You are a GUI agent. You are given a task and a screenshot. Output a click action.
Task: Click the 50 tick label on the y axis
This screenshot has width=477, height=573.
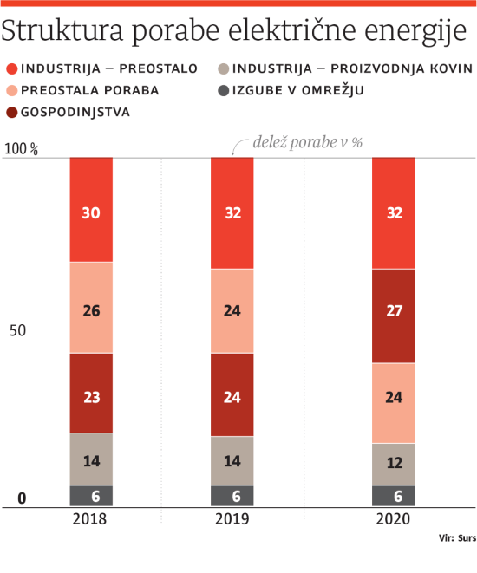pyautogui.click(x=23, y=330)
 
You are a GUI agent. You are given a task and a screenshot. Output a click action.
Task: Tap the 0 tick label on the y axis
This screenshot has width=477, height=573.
pyautogui.click(x=23, y=498)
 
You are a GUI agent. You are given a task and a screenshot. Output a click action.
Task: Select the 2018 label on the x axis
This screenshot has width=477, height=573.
pyautogui.click(x=91, y=519)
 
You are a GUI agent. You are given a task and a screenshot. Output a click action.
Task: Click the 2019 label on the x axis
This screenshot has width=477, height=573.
pyautogui.click(x=232, y=519)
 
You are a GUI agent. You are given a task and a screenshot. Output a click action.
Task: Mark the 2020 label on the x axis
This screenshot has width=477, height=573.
pyautogui.click(x=393, y=519)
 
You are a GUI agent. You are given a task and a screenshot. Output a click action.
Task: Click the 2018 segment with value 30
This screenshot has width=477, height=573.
pyautogui.click(x=91, y=210)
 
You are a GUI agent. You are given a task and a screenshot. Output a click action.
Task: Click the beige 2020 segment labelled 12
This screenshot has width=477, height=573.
pyautogui.click(x=393, y=464)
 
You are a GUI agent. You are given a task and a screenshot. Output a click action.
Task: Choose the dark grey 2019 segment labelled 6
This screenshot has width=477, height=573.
pyautogui.click(x=232, y=495)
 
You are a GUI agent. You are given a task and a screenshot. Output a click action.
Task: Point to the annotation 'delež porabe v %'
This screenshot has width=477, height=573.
pyautogui.click(x=306, y=142)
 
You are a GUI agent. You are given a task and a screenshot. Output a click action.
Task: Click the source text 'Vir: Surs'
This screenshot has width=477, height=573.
pyautogui.click(x=457, y=538)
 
